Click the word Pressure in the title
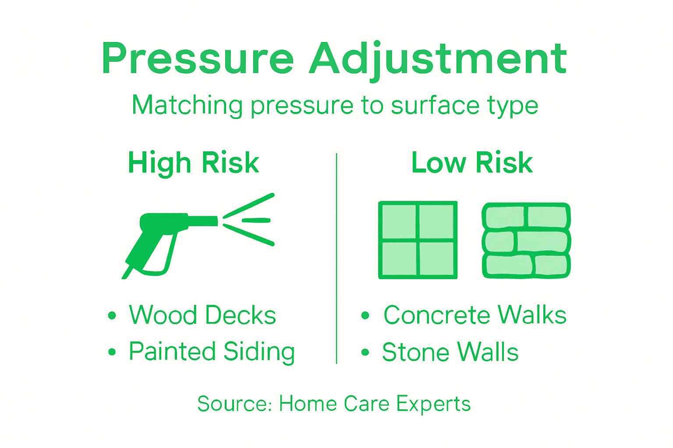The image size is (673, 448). point(197,59)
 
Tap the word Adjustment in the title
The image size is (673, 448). point(438,59)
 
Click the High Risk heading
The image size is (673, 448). point(194,163)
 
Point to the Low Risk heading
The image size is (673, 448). point(472,163)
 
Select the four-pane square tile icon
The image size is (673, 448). point(418,240)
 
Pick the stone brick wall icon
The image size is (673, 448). point(526,240)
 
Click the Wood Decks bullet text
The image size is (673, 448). point(202,315)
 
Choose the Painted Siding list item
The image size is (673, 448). point(212,351)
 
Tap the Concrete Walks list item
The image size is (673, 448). point(475,315)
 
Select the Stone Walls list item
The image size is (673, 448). point(450,352)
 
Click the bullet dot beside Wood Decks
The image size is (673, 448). point(112,315)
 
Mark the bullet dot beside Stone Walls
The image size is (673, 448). point(365,352)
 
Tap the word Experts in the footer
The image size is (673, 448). point(433,404)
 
